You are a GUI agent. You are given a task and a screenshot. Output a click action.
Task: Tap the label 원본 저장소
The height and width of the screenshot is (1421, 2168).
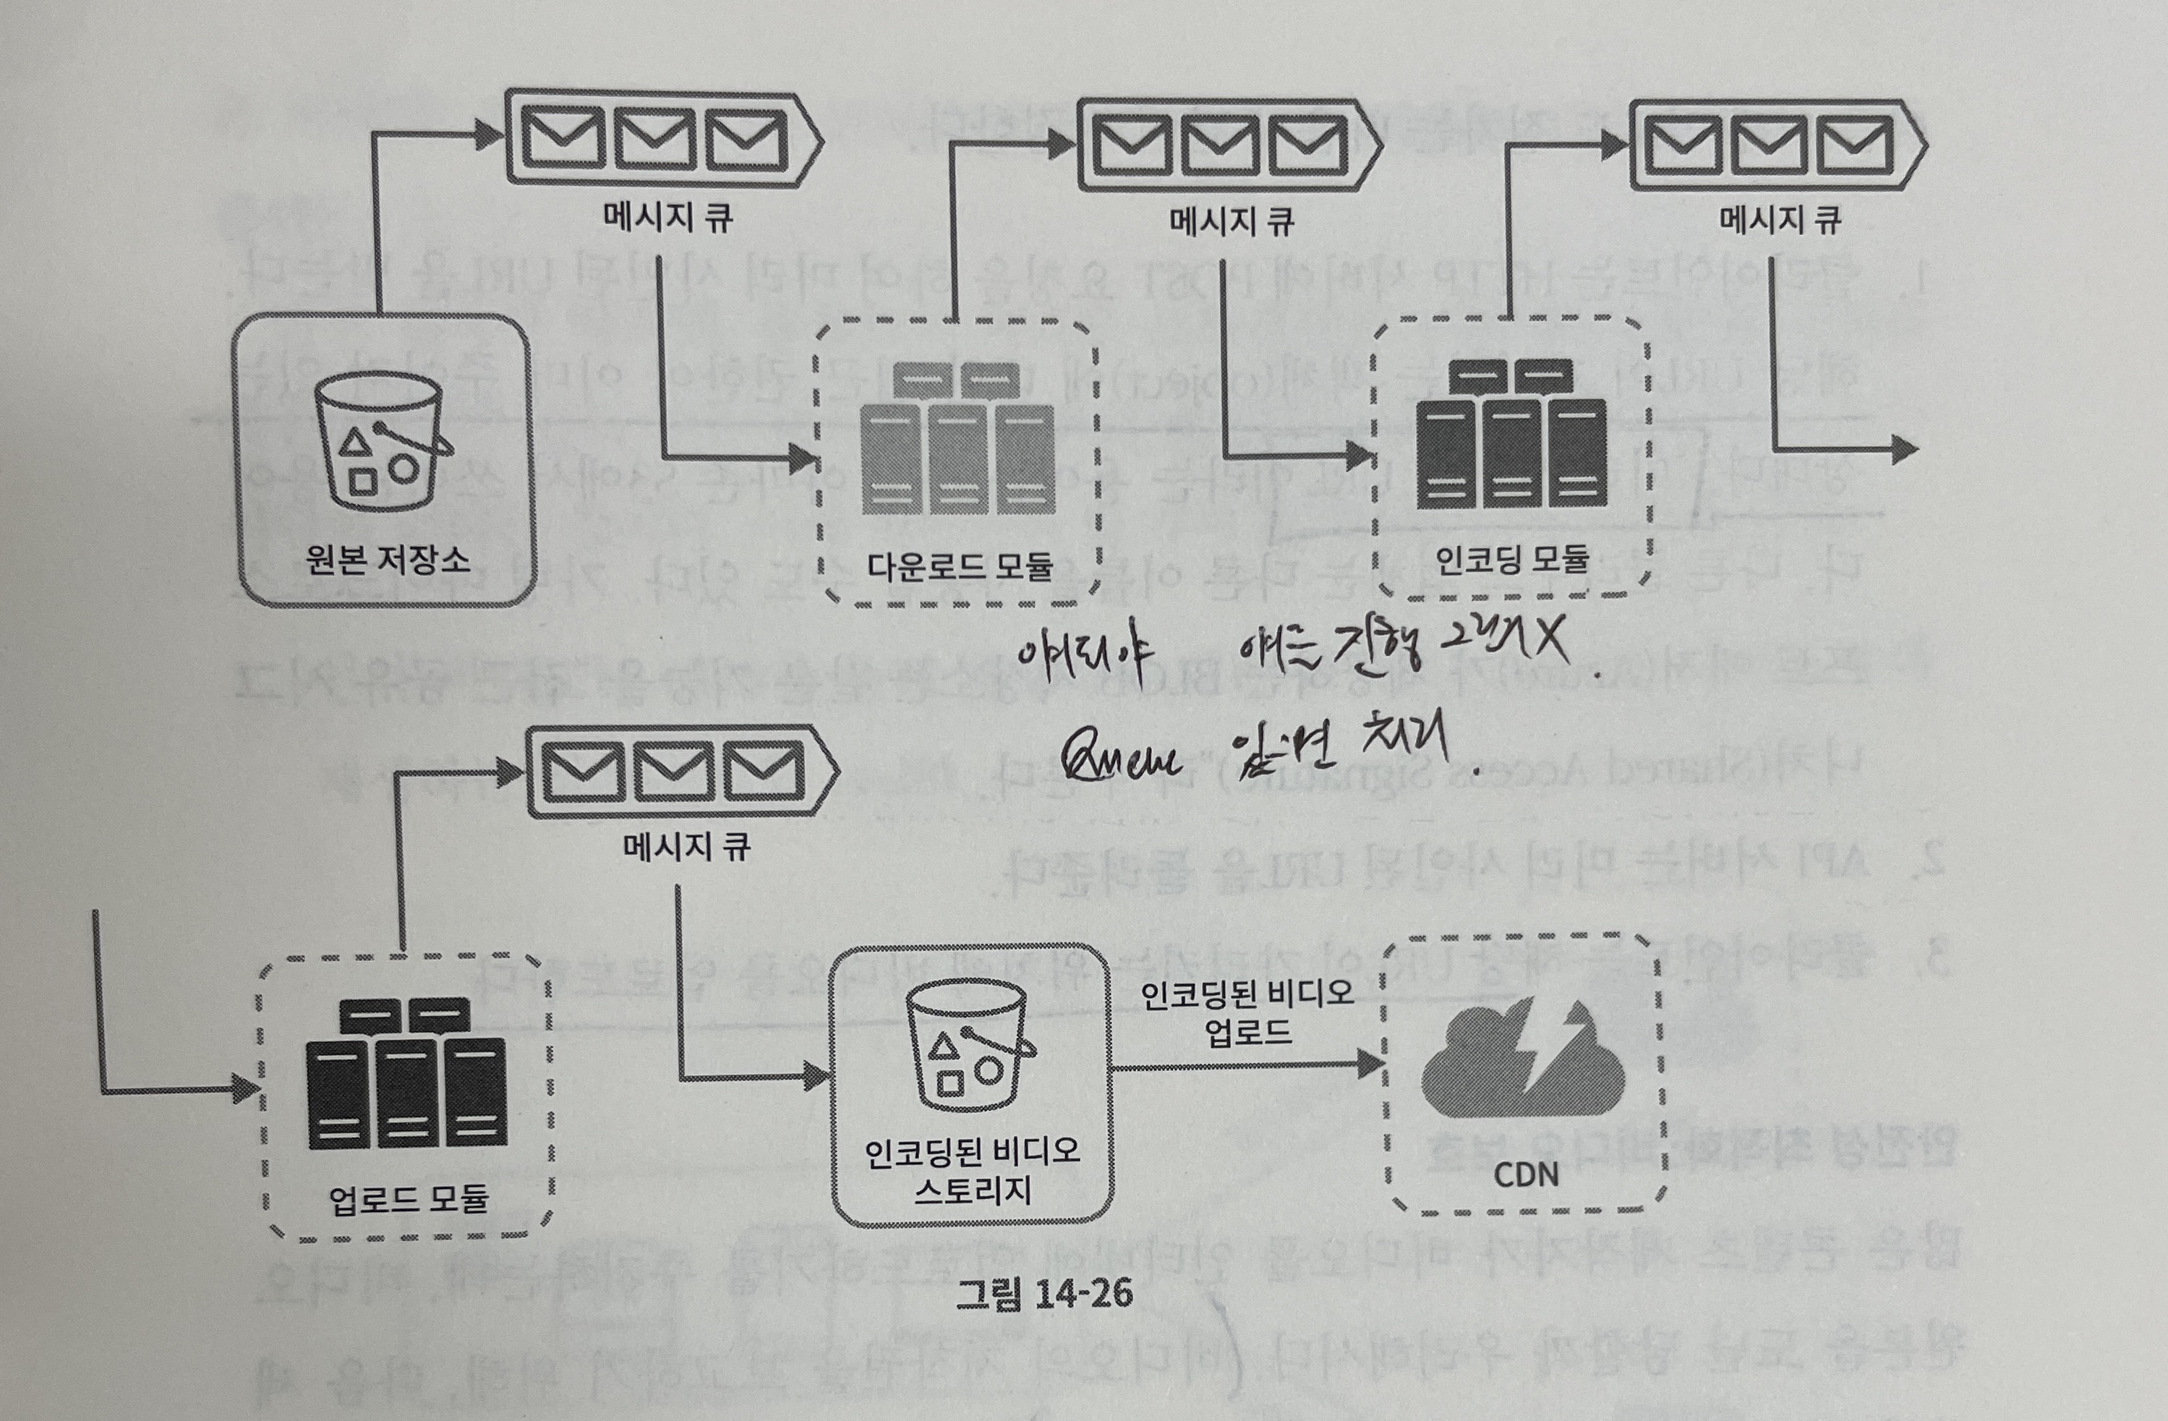point(387,558)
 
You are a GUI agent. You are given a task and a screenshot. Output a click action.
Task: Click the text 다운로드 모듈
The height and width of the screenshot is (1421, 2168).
point(959,566)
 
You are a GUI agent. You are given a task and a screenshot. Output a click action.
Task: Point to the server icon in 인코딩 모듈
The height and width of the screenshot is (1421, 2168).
point(1511,435)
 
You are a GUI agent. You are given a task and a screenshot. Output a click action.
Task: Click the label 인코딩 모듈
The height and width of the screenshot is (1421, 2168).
point(1511,558)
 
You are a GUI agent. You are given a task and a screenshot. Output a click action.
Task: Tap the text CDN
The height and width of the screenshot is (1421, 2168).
point(1526,1175)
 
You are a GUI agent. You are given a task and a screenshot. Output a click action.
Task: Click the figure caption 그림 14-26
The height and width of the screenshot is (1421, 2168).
point(1044,1294)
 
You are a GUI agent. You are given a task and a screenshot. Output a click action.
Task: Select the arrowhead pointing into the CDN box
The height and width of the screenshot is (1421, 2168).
point(1371,1064)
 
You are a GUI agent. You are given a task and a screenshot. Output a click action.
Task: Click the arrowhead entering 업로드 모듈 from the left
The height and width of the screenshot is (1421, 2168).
point(247,1088)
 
